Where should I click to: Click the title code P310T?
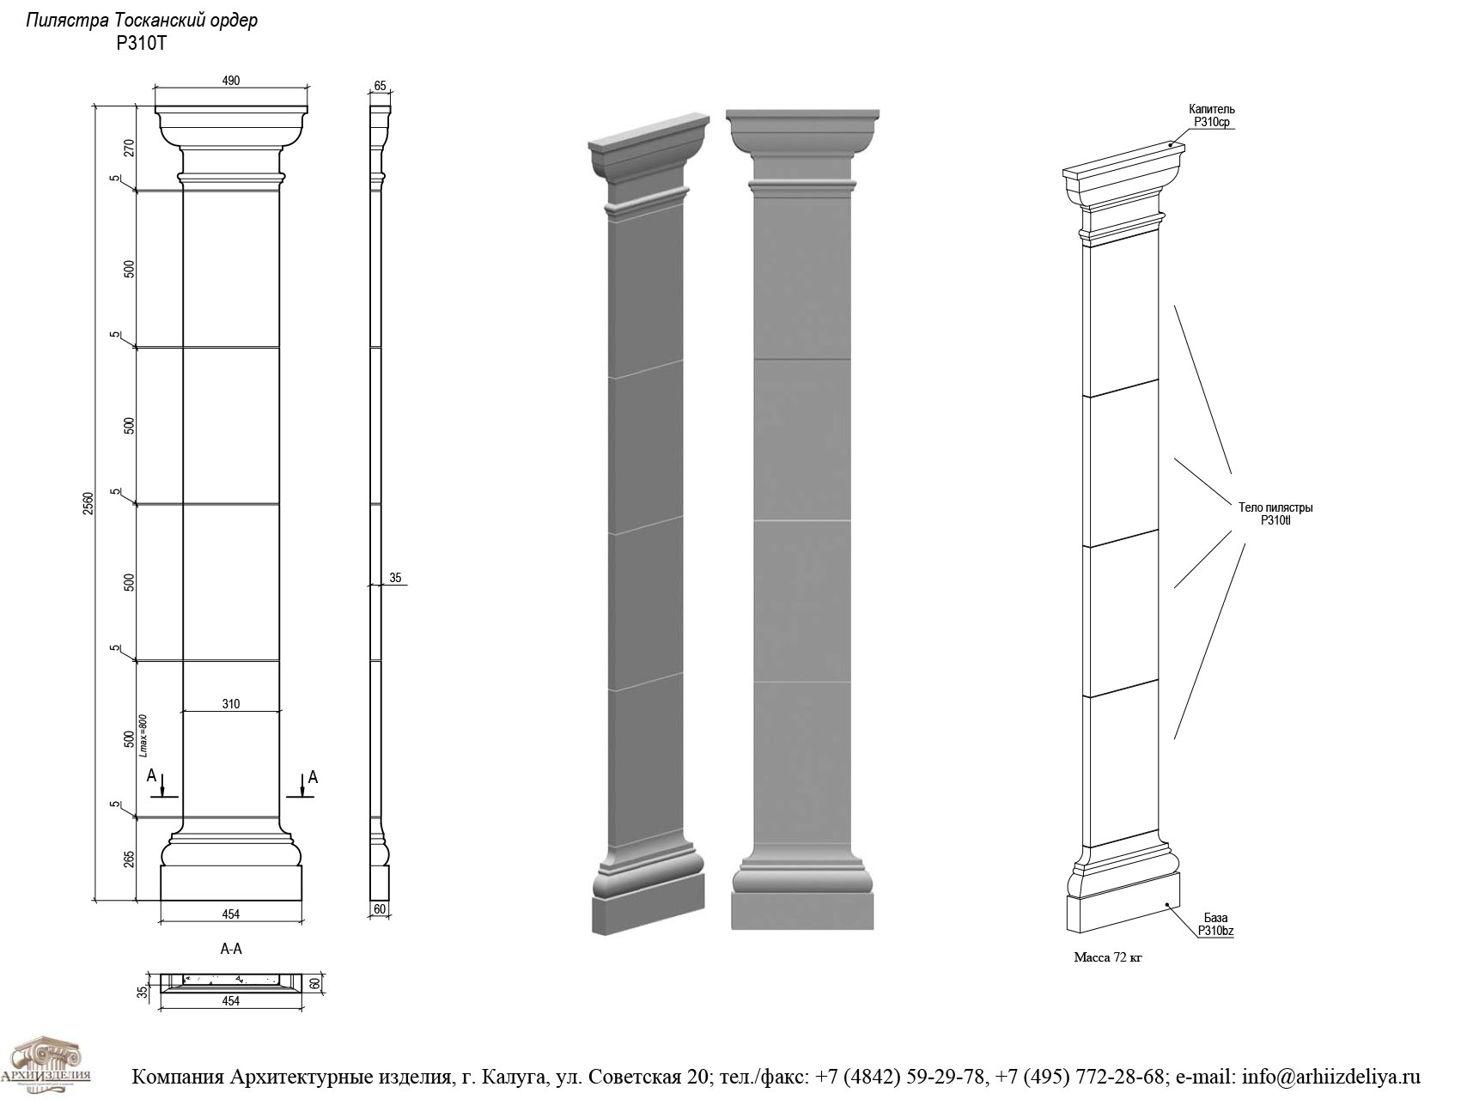(x=141, y=43)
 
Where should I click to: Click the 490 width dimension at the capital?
(x=231, y=81)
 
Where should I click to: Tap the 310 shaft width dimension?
(x=231, y=704)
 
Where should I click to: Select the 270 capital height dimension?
(x=130, y=148)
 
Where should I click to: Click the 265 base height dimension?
(x=130, y=859)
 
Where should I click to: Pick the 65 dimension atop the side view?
(x=380, y=86)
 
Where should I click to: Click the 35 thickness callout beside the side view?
(x=396, y=579)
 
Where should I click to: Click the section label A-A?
(x=231, y=950)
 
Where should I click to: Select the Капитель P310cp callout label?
(x=1212, y=116)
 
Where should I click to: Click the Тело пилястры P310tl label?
(x=1275, y=513)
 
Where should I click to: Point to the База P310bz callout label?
(x=1215, y=925)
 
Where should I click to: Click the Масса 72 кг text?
(x=1108, y=957)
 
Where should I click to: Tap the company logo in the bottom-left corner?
(x=58, y=1065)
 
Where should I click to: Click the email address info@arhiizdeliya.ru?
(x=1331, y=1077)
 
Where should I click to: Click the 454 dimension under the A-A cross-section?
(x=231, y=1001)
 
